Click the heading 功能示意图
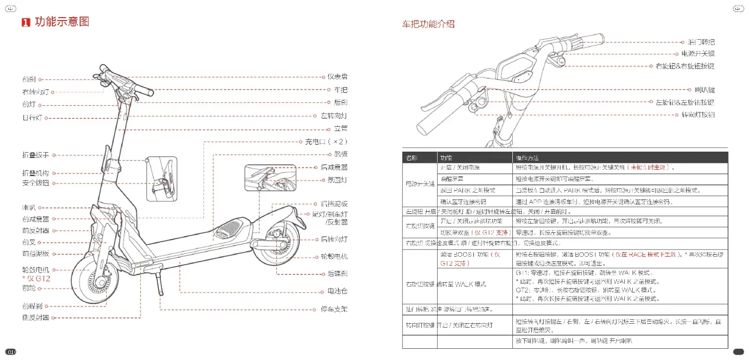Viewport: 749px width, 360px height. click(62, 22)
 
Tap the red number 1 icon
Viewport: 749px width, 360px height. click(26, 22)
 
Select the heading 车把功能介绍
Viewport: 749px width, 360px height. click(428, 24)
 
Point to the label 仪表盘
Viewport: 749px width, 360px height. click(337, 77)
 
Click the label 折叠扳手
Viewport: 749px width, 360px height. click(36, 155)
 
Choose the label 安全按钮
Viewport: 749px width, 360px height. click(36, 183)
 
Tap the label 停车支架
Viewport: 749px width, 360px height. click(334, 309)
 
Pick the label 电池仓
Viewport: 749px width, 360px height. click(337, 291)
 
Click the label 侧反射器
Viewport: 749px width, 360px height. click(36, 317)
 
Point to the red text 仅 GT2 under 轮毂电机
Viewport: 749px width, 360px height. click(37, 278)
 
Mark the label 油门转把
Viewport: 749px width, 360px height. click(701, 43)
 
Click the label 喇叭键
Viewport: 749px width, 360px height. click(705, 90)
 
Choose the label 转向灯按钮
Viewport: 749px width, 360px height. click(698, 115)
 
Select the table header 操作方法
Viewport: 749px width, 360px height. click(528, 158)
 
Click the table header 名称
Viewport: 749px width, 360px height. click(412, 158)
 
